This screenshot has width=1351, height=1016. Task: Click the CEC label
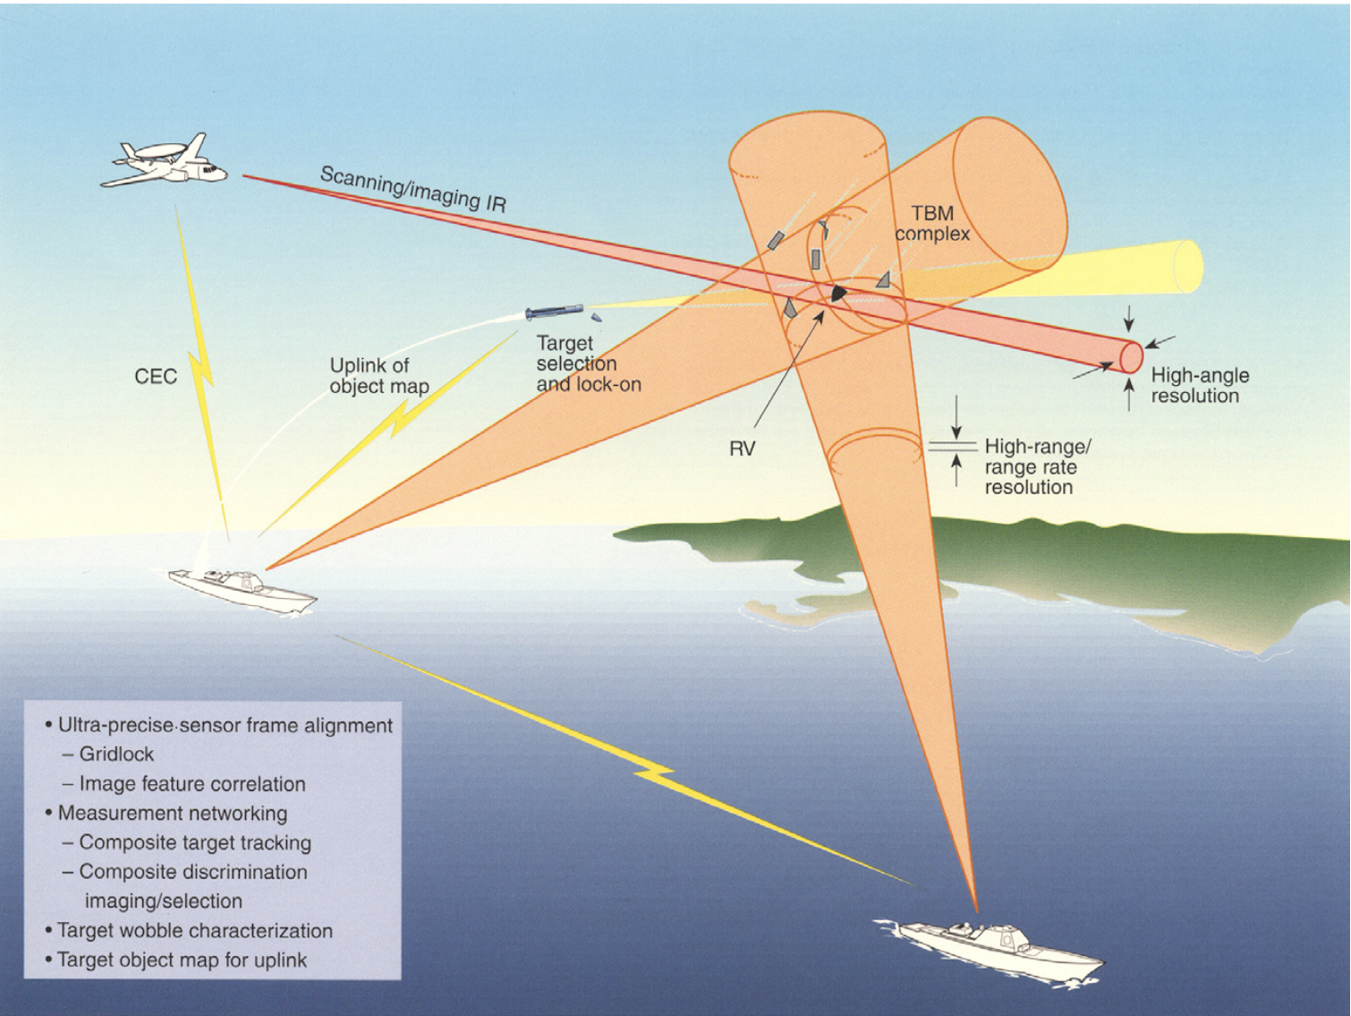point(156,376)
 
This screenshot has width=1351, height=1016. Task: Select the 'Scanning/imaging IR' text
point(412,189)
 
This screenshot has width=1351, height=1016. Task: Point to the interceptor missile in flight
point(554,312)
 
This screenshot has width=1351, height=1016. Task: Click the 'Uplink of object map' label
point(378,376)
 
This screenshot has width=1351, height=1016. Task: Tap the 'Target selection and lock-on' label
point(588,364)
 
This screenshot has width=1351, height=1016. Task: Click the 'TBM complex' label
point(932,224)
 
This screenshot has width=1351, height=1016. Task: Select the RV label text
point(742,448)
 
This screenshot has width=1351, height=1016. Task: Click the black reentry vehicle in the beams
point(838,293)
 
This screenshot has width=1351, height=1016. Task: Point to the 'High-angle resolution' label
point(1199,386)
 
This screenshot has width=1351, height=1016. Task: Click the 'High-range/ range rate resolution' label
point(1036,466)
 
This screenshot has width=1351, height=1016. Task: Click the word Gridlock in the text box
point(116,755)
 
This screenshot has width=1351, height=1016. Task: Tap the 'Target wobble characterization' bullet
point(194,931)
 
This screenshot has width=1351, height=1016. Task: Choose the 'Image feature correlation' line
point(191,784)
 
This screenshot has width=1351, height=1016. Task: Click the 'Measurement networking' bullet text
point(172,814)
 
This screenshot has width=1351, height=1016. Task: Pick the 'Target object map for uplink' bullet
point(182,961)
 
